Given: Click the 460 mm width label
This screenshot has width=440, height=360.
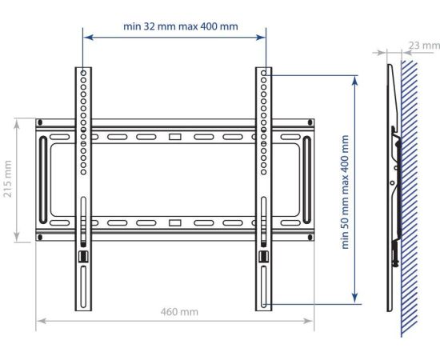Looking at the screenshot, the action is (179, 312).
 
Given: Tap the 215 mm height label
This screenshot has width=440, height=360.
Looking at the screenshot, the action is (7, 178).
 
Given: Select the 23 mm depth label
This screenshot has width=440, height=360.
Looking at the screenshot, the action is (424, 45).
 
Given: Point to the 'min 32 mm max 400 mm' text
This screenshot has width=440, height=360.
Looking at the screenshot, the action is (181, 26).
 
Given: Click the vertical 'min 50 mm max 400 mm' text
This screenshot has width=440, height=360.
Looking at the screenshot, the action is (345, 192).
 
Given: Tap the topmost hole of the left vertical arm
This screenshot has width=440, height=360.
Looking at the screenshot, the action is (83, 73).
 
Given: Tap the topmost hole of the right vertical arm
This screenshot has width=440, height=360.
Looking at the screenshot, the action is (263, 73).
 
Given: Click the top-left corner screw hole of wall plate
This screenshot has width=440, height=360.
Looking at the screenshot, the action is (40, 122).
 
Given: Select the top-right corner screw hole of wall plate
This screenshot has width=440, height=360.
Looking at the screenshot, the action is (310, 122).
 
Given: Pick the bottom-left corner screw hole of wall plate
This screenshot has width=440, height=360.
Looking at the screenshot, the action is (40, 238).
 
